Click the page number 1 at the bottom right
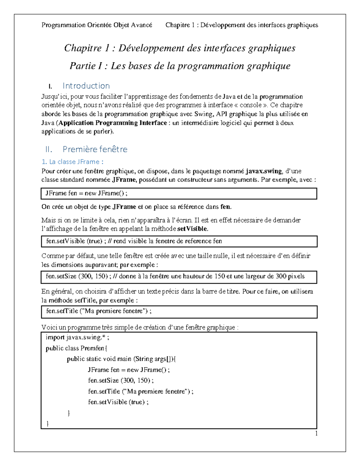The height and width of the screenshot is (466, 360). pos(316,433)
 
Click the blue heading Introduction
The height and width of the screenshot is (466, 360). pos(86,86)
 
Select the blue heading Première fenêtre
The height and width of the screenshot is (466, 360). pos(95,149)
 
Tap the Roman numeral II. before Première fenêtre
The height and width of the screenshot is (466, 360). pos(49,149)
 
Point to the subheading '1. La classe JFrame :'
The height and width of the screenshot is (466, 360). pos(72,162)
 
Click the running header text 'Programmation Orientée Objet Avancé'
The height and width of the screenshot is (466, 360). pos(97,25)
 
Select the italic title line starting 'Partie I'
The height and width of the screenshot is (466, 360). pos(180,66)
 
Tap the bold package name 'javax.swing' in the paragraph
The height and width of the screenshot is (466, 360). pos(264,171)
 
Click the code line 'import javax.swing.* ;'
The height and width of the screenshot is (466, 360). pos(77,337)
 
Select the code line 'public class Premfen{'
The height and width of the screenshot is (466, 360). pos(76,348)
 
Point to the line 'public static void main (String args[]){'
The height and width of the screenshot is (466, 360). pos(121,359)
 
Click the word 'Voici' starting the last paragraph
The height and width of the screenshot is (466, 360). pos(49,327)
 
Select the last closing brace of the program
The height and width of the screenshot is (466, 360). pos(48,423)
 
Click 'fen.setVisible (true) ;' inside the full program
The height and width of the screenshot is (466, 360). pos(118,402)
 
